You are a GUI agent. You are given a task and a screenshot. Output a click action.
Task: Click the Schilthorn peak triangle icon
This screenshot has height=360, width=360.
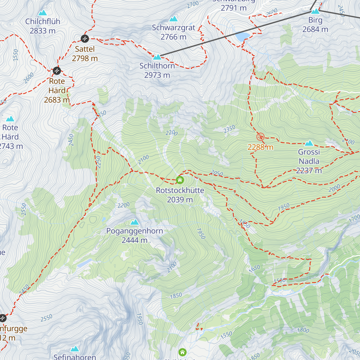pos(157,57)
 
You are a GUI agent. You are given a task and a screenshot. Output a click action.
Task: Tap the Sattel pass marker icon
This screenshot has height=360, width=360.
pos(85,38)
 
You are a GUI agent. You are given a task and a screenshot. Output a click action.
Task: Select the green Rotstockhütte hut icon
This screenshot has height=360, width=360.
pos(180,180)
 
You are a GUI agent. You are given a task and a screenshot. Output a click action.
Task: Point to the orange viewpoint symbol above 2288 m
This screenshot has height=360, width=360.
pos(260,137)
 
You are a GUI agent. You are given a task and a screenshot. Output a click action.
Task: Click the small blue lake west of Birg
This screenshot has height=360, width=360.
pos(243,37)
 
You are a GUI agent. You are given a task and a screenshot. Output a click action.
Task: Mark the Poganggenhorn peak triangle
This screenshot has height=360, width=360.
pos(135,222)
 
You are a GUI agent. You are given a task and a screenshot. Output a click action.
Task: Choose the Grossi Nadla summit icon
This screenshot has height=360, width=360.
pos(309,143)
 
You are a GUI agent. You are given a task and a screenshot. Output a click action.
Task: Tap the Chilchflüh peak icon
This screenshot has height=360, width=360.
pos(43,13)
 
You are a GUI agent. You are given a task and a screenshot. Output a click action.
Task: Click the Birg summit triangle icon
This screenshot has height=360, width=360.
pos(315,11)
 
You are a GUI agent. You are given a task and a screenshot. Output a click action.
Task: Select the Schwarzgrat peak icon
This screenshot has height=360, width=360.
pos(173,19)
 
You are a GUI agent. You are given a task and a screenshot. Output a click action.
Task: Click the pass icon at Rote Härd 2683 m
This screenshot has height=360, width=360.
pos(57,71)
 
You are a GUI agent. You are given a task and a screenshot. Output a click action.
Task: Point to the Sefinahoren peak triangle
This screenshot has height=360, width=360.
pos(75,349)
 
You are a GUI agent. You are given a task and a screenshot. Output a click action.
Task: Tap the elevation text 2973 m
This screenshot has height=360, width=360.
pos(157,75)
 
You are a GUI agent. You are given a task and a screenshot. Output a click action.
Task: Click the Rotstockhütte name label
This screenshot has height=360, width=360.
pos(180,190)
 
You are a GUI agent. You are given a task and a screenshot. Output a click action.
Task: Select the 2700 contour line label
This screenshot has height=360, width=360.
pos(193,4)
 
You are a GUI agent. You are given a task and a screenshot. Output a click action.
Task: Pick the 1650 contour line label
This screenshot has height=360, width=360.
pos(254,268)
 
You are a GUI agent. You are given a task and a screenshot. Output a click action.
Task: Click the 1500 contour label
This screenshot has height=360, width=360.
pos(279,280)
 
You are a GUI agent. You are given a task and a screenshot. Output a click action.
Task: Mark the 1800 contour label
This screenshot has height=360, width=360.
pos(303,330)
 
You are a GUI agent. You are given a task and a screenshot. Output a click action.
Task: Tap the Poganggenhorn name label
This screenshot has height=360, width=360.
pos(135,231)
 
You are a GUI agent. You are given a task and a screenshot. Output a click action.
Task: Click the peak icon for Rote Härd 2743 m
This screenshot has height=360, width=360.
pos(10,119)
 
